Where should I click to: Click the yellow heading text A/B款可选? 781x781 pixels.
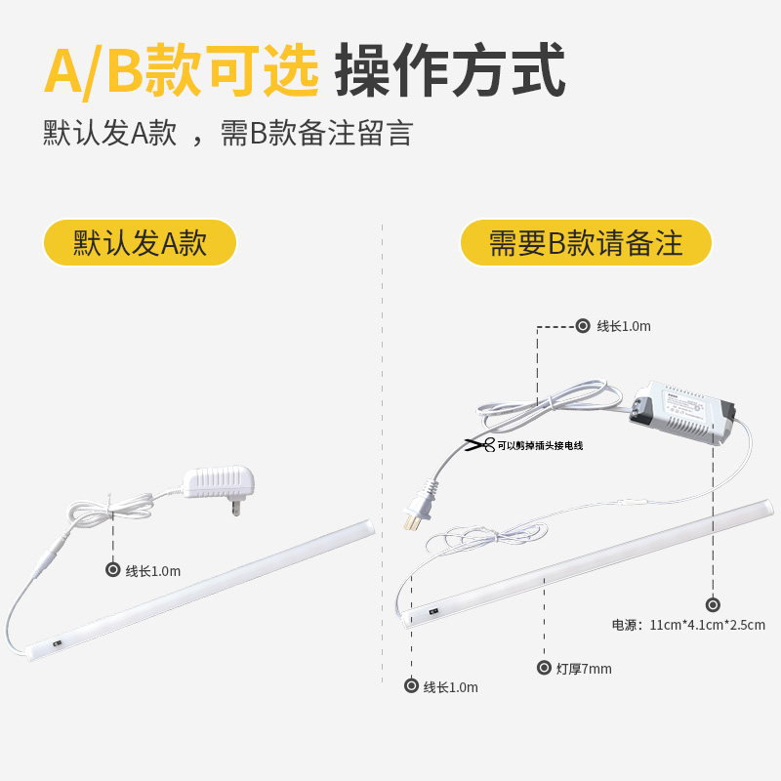click(182, 71)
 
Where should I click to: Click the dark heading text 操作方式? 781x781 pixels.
click(450, 71)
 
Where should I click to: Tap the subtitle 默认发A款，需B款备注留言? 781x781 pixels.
click(227, 133)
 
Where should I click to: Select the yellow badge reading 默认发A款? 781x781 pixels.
click(140, 243)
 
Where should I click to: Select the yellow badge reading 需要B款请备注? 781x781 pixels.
click(586, 243)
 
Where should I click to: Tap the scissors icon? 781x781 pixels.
click(477, 445)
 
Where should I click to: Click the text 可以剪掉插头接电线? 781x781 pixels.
click(539, 446)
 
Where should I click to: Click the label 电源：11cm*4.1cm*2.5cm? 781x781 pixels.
click(688, 625)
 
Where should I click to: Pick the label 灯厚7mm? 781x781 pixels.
click(584, 669)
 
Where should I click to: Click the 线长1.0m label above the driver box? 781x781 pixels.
click(624, 326)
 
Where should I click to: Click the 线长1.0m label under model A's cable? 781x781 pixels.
click(153, 571)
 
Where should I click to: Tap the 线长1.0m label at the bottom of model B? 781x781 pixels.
click(450, 687)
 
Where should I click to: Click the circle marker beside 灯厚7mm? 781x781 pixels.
click(545, 668)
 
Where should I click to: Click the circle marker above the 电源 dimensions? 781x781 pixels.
click(713, 604)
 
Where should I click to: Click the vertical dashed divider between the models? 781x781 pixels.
click(382, 449)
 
